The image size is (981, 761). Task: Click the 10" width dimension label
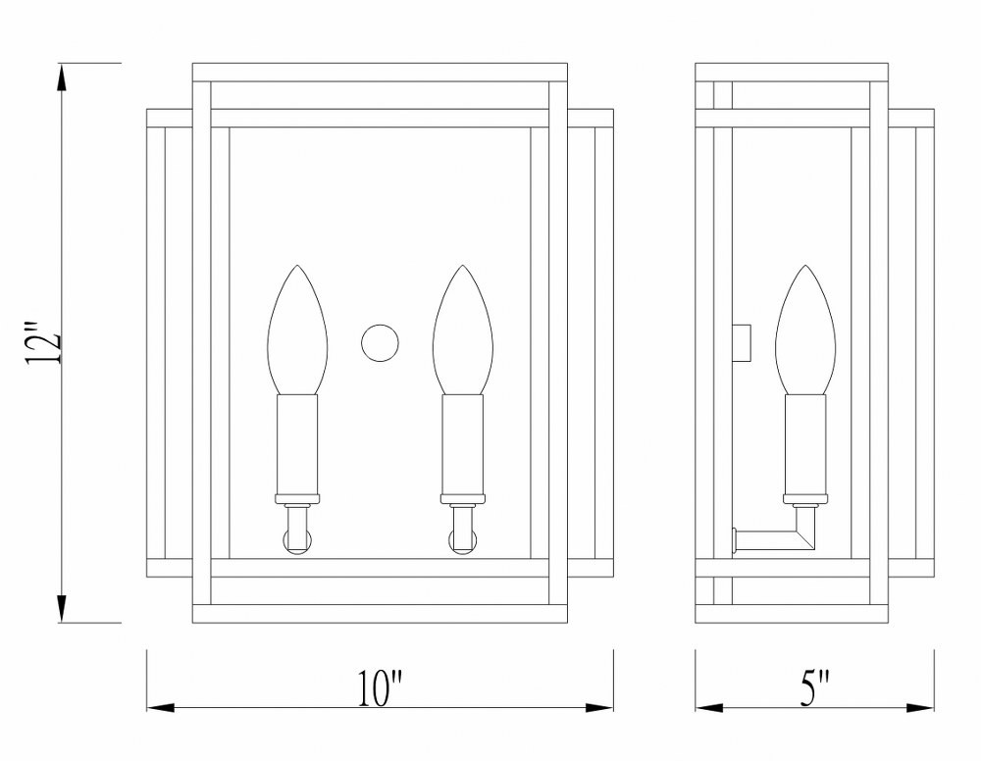point(381,687)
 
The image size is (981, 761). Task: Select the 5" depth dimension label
point(814,687)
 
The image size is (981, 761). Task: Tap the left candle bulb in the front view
point(298,330)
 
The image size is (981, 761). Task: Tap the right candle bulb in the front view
point(463,330)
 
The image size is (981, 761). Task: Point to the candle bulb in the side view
point(805,330)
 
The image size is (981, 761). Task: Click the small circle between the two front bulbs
point(380,343)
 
